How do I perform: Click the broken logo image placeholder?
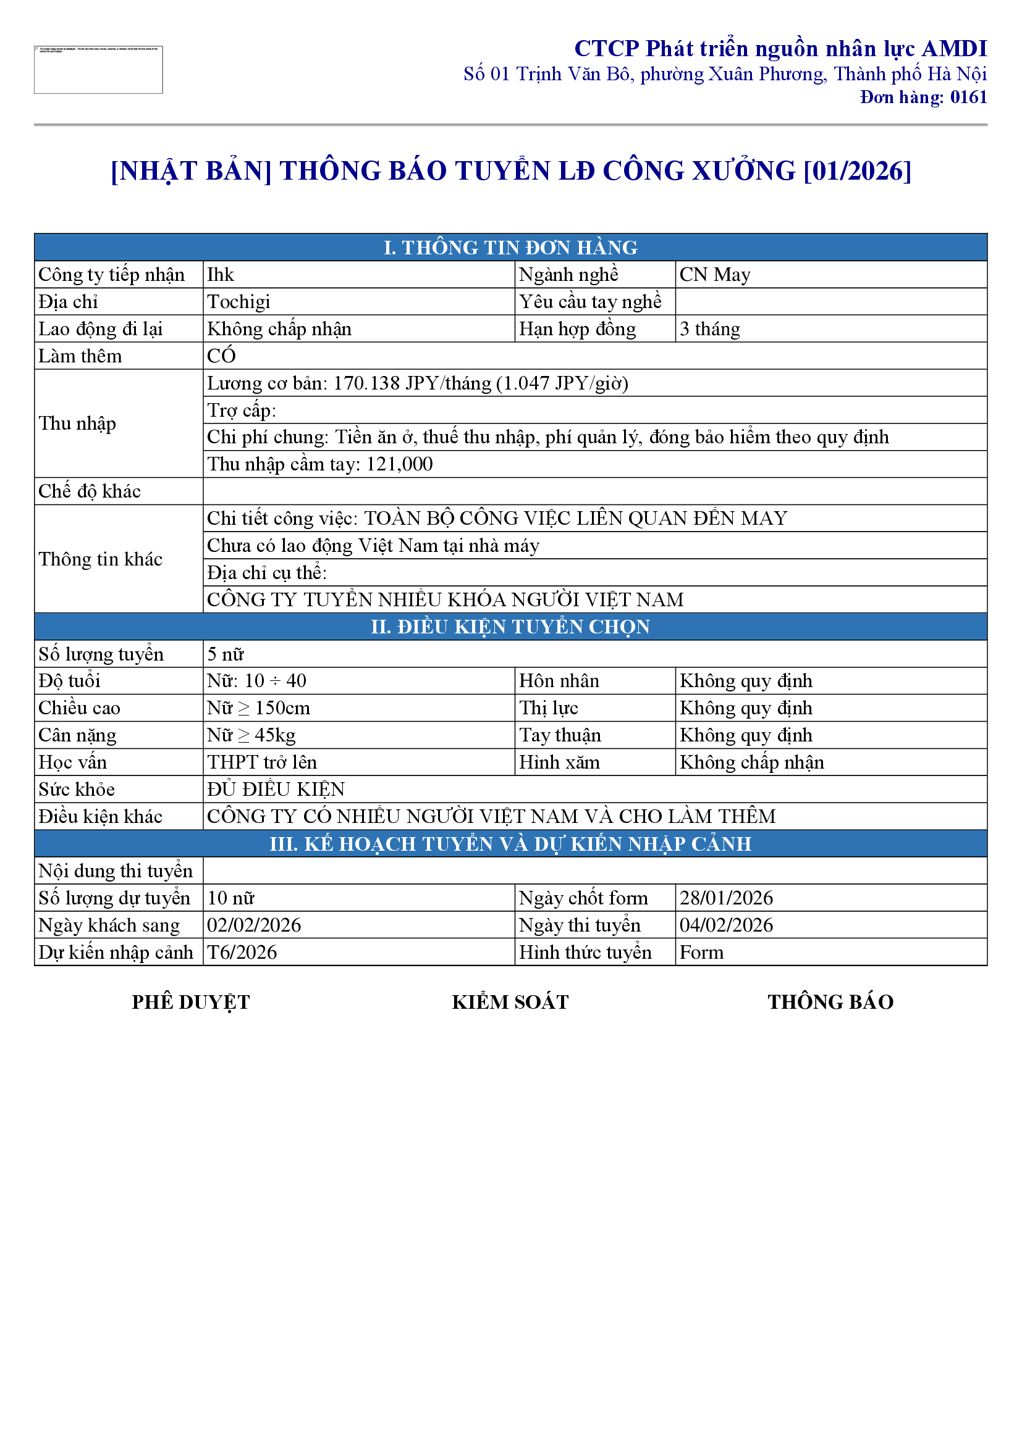click(98, 70)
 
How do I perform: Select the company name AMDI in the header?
click(954, 49)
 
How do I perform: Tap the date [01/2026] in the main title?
click(857, 171)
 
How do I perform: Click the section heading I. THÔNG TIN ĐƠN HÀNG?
click(510, 247)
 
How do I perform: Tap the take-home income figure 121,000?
click(400, 464)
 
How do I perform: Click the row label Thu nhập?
click(77, 424)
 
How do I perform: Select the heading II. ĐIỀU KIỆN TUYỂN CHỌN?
click(510, 627)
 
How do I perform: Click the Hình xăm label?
click(559, 762)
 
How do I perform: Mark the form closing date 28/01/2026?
click(726, 898)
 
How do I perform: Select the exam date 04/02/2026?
click(726, 925)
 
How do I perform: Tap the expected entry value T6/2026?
click(242, 952)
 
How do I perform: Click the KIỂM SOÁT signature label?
click(510, 1002)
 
